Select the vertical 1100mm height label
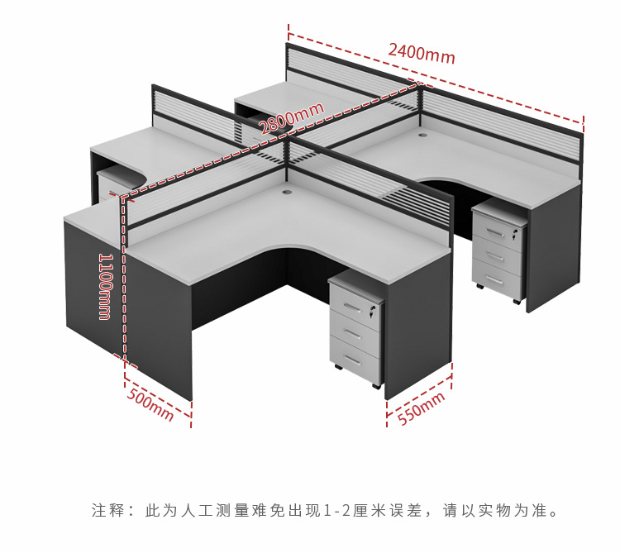coord(105,285)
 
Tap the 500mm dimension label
coord(150,404)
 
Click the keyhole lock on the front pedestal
coord(372,312)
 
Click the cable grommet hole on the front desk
coord(289,193)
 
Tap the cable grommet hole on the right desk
coord(425,132)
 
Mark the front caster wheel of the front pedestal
coord(376,386)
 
